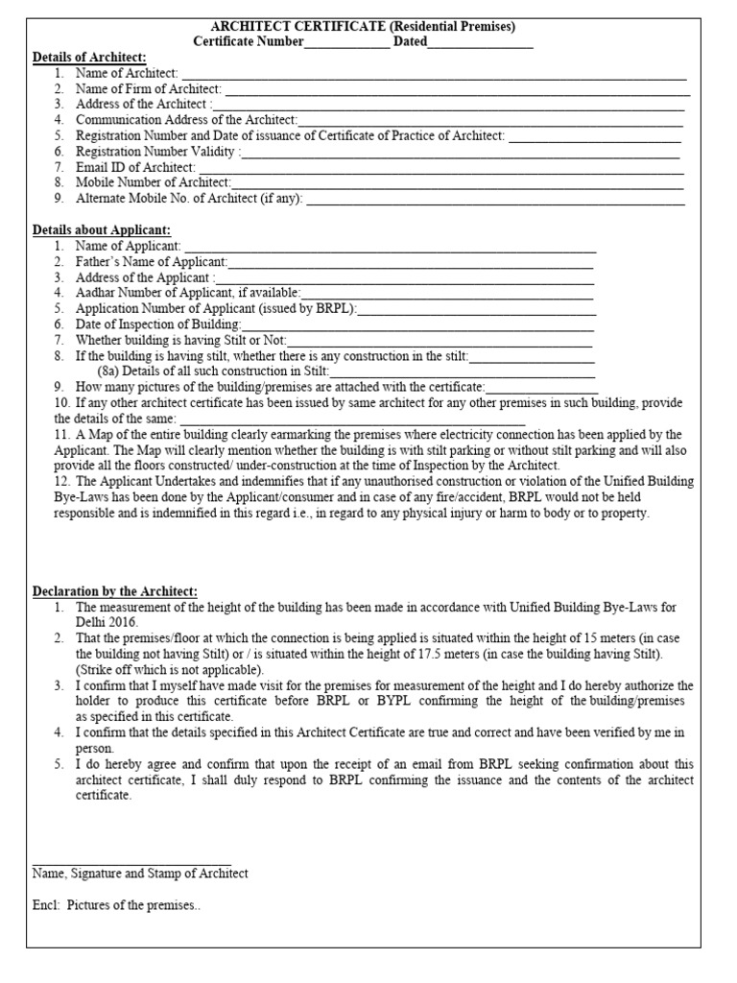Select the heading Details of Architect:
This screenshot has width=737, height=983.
(x=89, y=58)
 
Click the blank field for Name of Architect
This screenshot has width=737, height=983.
(x=434, y=74)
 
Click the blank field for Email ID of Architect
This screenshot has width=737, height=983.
(x=440, y=168)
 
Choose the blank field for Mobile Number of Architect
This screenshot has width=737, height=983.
(x=458, y=183)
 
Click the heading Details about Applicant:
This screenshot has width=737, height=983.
(x=102, y=230)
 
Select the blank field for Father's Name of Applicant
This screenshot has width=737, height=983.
(x=411, y=262)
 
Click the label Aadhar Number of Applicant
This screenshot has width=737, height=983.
(x=187, y=293)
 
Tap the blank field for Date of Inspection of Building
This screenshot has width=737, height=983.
(x=418, y=324)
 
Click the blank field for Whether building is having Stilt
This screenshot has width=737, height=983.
(x=440, y=341)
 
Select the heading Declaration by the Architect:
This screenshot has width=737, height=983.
(x=115, y=591)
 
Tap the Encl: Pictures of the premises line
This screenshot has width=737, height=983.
(x=116, y=905)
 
